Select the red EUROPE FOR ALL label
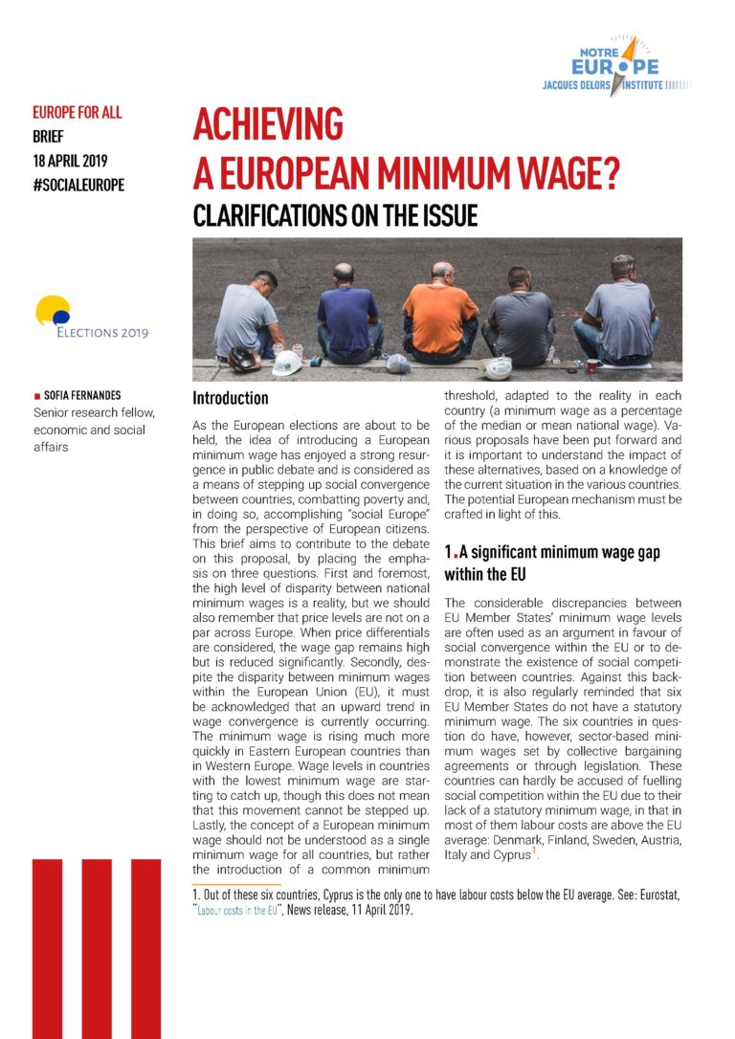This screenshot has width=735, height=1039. (77, 113)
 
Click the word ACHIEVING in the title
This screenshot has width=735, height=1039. (267, 124)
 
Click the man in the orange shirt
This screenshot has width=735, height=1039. (440, 312)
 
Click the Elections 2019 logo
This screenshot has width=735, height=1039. (91, 319)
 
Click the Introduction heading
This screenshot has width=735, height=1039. (231, 397)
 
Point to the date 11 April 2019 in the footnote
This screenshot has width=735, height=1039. (371, 909)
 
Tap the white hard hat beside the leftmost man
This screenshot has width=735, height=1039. (286, 363)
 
